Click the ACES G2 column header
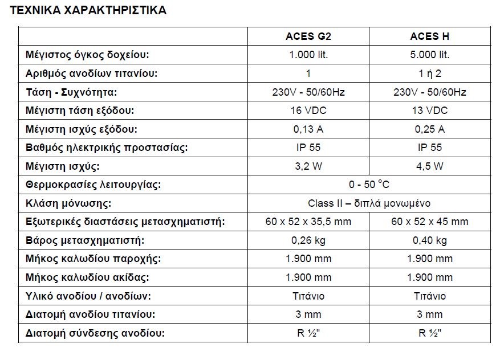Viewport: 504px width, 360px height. (308, 36)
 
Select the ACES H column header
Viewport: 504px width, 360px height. (429, 36)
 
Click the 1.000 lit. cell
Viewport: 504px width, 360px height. (308, 55)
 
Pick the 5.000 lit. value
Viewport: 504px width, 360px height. (429, 55)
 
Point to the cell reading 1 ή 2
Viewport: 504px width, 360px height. (429, 73)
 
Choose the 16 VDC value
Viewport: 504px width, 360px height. (308, 111)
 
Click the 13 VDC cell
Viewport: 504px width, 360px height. (429, 111)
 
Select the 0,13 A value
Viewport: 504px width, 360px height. (308, 129)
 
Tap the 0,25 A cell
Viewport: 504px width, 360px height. (429, 129)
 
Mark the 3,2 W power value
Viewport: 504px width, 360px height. (308, 166)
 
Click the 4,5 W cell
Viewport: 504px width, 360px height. (429, 166)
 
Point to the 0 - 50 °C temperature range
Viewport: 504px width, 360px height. (369, 185)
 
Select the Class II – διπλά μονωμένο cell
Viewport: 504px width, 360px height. (369, 203)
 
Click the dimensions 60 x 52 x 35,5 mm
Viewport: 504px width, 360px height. (308, 222)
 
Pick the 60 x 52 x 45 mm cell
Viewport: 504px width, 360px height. (429, 222)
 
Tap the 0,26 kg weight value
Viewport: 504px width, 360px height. (308, 240)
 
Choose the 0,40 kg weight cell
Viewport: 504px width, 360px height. (429, 240)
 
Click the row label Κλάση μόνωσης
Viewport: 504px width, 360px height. (68, 203)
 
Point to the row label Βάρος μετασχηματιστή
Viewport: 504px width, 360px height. (85, 240)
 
